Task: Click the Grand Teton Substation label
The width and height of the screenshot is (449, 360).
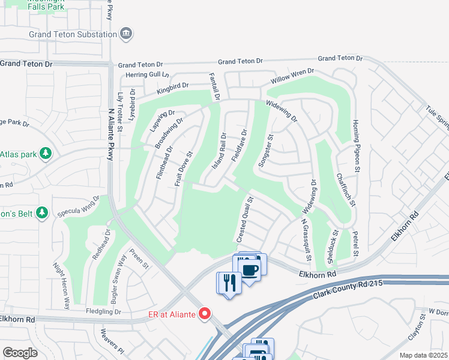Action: click(x=73, y=34)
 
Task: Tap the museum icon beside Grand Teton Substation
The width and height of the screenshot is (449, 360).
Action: click(x=127, y=34)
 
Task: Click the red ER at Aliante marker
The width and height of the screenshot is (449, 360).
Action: click(x=205, y=313)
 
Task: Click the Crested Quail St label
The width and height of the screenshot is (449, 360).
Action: click(x=245, y=219)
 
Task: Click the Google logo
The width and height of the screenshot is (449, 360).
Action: click(x=20, y=353)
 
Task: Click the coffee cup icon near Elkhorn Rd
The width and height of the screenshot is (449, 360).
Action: click(x=249, y=269)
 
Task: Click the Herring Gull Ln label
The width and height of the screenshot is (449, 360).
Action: click(x=145, y=75)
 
